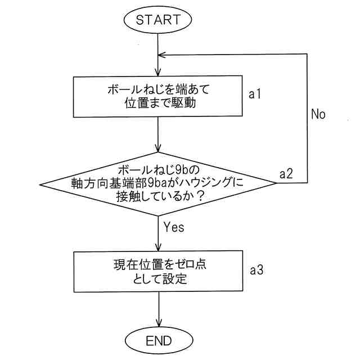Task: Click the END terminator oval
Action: click(158, 340)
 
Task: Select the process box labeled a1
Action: click(160, 97)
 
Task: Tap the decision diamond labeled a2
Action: click(160, 184)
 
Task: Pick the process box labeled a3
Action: click(160, 271)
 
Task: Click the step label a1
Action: click(256, 94)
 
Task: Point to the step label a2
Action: click(287, 174)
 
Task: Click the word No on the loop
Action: click(318, 114)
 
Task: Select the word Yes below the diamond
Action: click(174, 227)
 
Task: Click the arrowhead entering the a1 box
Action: click(160, 73)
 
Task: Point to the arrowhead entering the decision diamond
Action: click(160, 148)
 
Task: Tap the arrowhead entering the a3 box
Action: click(160, 247)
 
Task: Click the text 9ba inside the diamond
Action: click(165, 183)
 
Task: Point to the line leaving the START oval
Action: click(160, 42)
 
